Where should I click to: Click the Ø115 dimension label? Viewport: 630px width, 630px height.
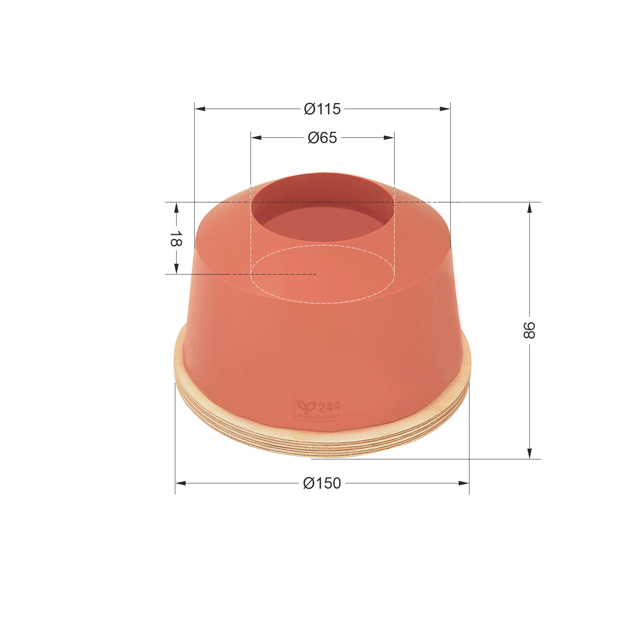tap(322, 109)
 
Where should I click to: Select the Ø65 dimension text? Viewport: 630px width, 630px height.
tap(322, 138)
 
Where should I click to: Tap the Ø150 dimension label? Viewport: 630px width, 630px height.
tap(322, 483)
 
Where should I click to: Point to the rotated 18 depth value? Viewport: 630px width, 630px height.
tap(176, 238)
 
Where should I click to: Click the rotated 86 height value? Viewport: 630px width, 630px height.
tap(529, 330)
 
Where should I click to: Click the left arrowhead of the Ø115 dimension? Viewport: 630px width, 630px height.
tap(200, 109)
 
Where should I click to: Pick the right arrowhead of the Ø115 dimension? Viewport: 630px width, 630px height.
tap(445, 109)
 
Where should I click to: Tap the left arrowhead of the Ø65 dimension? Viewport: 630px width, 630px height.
tap(256, 138)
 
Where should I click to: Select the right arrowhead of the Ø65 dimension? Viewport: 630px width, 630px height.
tap(389, 138)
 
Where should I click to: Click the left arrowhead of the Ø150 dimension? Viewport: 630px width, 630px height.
tap(180, 483)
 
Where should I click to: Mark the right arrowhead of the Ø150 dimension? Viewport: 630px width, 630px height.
tap(464, 483)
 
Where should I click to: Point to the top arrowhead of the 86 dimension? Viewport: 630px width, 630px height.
tap(529, 207)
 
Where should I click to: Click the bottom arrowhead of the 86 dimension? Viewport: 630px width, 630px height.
tap(529, 454)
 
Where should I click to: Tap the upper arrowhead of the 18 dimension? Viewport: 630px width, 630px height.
tap(176, 207)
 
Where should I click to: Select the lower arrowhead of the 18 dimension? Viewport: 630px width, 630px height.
tap(176, 269)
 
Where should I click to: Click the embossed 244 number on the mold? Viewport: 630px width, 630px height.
tap(329, 407)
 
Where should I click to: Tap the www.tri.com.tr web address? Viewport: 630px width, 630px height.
tap(319, 416)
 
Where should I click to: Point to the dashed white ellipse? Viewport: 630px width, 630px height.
tap(322, 303)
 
